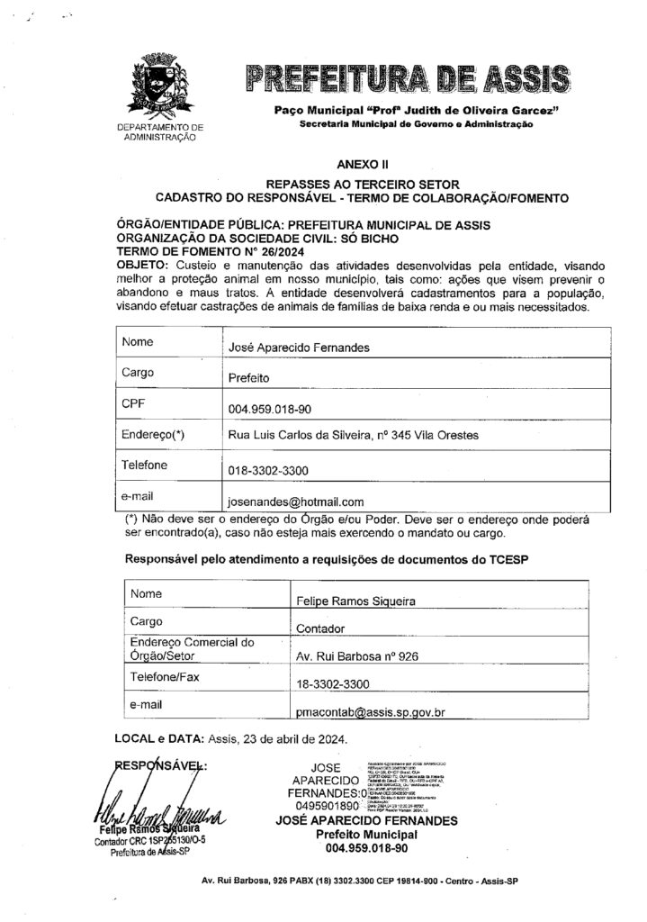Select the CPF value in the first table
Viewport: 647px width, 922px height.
pyautogui.click(x=270, y=410)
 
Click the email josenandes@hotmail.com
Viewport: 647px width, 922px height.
pyautogui.click(x=296, y=502)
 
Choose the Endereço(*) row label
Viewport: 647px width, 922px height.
pyautogui.click(x=153, y=435)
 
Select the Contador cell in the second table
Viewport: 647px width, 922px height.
pyautogui.click(x=321, y=629)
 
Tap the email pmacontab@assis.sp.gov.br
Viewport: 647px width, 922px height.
pyautogui.click(x=372, y=712)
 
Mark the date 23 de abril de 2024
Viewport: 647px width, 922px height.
pyautogui.click(x=290, y=740)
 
